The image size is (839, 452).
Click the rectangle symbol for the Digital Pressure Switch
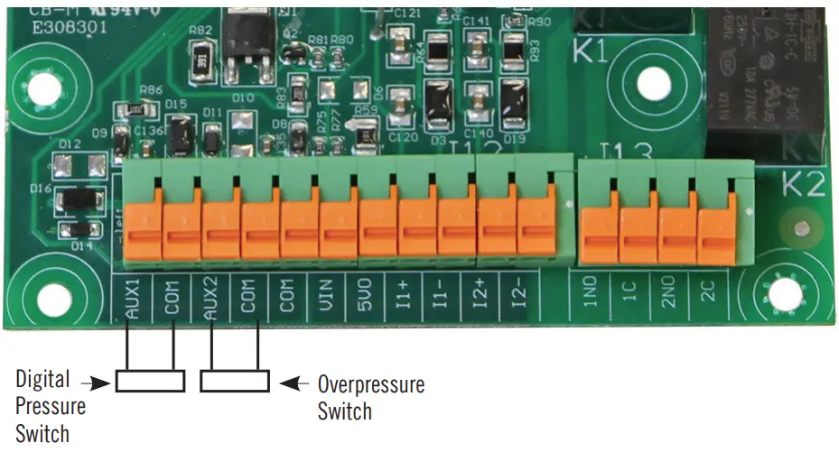(150, 382)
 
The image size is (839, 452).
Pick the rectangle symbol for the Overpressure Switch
(235, 382)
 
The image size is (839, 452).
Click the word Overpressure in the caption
(370, 384)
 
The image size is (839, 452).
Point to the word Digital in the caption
(42, 379)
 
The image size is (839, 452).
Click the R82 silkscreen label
(200, 31)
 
